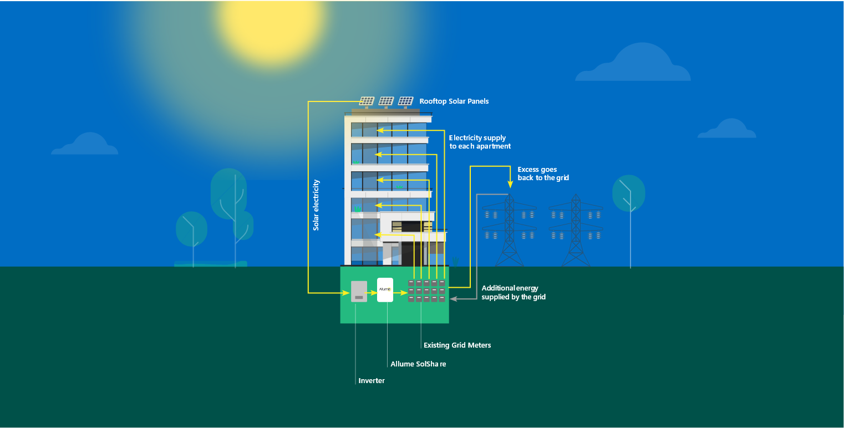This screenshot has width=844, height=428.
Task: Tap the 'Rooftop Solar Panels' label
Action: click(454, 101)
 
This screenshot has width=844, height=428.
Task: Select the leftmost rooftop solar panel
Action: click(366, 101)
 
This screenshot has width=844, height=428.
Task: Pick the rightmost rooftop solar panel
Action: click(405, 101)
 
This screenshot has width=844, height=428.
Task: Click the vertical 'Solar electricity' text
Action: click(316, 205)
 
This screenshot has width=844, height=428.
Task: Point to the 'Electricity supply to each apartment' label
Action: click(480, 142)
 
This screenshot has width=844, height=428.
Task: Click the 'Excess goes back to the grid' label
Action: click(543, 174)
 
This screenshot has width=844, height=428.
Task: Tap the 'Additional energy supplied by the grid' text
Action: click(513, 292)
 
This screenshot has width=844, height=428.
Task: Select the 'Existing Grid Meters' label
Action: click(457, 345)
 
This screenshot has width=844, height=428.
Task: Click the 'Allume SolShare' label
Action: click(418, 364)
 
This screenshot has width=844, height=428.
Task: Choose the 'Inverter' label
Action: click(372, 380)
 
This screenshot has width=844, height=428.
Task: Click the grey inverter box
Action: click(359, 291)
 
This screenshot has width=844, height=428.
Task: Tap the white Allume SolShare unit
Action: click(385, 290)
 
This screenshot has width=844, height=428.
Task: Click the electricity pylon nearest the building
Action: click(510, 230)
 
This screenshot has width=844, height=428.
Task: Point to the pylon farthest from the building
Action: click(576, 230)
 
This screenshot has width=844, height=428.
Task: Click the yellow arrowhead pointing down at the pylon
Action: click(510, 184)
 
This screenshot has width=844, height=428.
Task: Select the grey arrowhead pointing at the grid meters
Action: click(454, 299)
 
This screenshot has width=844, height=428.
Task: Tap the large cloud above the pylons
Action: click(633, 62)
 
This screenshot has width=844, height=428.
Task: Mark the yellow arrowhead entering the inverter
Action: click(345, 293)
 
